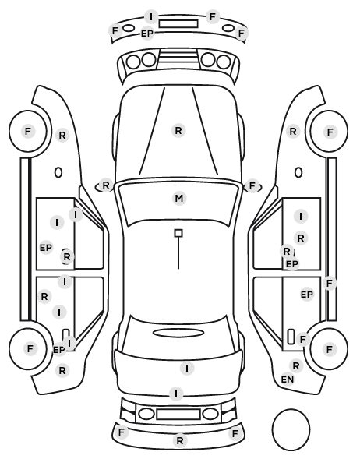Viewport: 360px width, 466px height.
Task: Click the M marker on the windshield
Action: [179, 198]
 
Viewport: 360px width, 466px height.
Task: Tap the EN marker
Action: [288, 380]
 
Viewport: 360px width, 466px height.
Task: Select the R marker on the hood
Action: [178, 130]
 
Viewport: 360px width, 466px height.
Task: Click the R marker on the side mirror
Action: [105, 185]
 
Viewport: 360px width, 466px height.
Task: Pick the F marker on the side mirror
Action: [252, 186]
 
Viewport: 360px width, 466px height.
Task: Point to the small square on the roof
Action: [178, 233]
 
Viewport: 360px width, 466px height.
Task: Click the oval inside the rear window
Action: [178, 333]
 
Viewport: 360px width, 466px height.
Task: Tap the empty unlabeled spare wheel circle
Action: [291, 429]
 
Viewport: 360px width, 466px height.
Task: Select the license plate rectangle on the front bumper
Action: [178, 24]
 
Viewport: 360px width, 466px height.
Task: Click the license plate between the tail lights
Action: [178, 415]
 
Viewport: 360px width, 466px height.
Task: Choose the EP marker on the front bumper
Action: [147, 34]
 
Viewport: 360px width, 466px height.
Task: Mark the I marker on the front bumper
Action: [151, 17]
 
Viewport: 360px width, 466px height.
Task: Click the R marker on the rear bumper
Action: [179, 441]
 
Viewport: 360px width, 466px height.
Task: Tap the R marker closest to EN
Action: [296, 366]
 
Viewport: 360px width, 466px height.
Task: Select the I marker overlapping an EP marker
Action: [70, 343]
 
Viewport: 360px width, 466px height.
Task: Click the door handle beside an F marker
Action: [291, 337]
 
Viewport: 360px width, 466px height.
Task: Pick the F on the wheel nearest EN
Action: [329, 349]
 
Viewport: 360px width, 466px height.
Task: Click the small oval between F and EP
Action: [129, 28]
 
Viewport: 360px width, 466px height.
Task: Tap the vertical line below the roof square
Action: [178, 253]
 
